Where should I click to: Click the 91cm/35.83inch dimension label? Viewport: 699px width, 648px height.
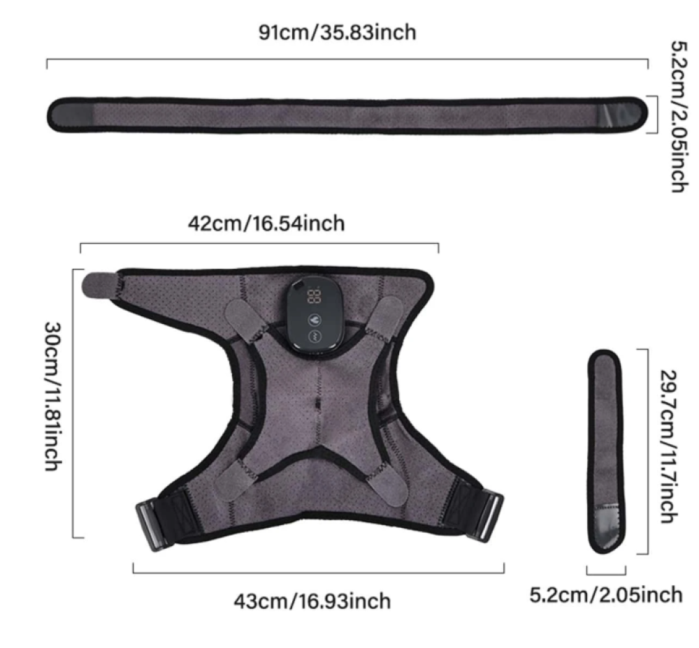tap(338, 33)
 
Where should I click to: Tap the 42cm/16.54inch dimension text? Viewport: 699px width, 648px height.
tap(266, 223)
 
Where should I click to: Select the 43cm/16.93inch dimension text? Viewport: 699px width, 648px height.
tap(312, 601)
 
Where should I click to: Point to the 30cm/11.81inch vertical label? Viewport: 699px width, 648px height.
tap(52, 397)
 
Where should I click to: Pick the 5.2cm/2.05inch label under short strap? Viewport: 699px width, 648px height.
tap(606, 595)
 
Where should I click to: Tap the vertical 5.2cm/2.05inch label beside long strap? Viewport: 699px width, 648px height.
tap(680, 116)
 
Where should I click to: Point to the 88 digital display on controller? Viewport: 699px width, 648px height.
tap(314, 296)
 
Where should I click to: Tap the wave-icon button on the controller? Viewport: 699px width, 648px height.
tap(315, 337)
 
